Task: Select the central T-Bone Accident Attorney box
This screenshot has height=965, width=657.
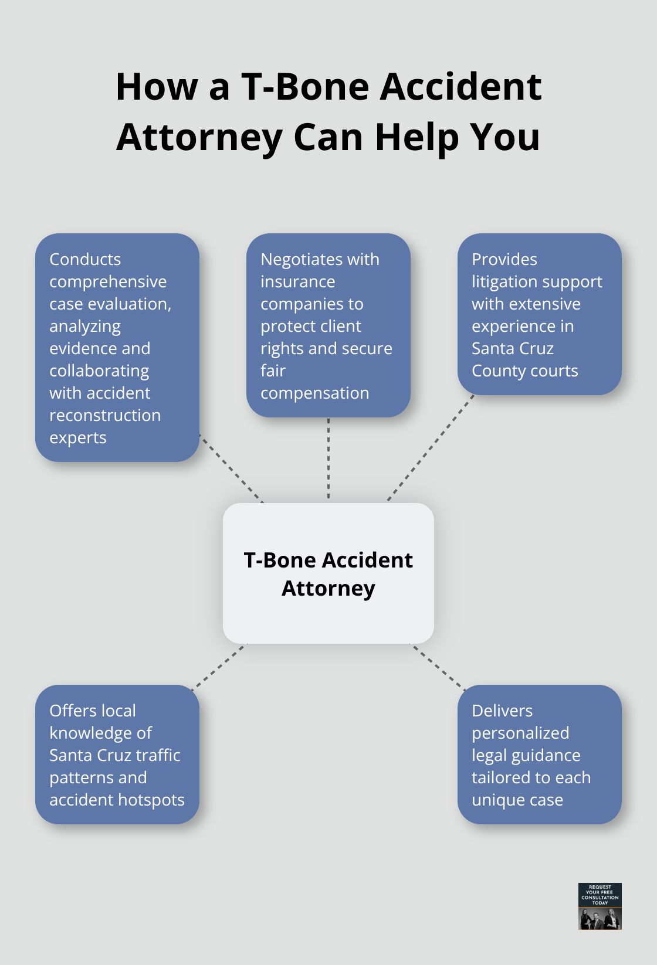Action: click(328, 573)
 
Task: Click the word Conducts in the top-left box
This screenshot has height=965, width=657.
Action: click(85, 259)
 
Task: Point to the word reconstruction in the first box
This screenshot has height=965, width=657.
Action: click(105, 415)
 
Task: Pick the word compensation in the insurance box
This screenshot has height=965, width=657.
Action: click(314, 393)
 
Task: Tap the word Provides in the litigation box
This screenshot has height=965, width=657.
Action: click(504, 259)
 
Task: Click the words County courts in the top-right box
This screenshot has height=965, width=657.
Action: click(524, 371)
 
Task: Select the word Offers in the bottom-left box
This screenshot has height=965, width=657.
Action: click(72, 711)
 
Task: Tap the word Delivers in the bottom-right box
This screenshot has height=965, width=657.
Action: click(502, 711)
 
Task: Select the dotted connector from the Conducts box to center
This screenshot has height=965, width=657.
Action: click(232, 468)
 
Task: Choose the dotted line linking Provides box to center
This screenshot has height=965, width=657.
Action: click(430, 448)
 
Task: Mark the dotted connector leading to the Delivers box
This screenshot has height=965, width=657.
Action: click(438, 667)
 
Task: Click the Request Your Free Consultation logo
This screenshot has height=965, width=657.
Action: click(600, 906)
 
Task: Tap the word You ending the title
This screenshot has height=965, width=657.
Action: click(505, 138)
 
